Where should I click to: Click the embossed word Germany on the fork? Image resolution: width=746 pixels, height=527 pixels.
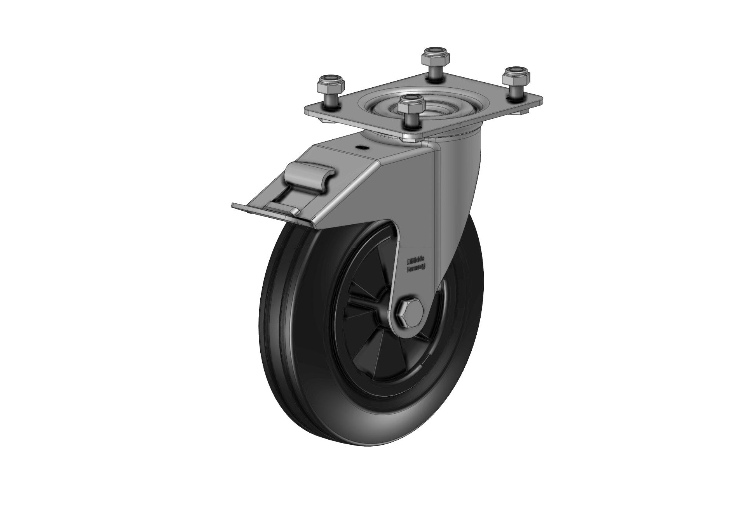(x=415, y=268)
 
